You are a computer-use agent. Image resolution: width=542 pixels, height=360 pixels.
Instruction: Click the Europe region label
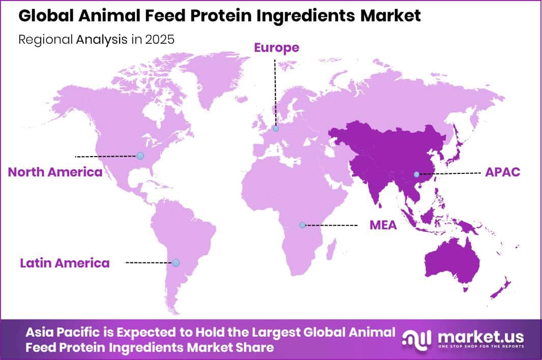(x=276, y=48)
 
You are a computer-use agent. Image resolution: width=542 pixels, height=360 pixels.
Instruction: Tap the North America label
(x=55, y=172)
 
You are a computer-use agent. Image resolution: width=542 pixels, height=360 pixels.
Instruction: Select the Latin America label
(x=65, y=263)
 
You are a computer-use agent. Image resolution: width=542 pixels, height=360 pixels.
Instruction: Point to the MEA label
(x=383, y=225)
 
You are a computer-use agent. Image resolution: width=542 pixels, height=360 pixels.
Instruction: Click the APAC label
(x=502, y=172)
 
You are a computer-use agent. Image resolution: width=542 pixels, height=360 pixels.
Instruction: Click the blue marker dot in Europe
(x=275, y=129)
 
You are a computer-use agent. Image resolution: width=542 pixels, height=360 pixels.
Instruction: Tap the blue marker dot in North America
(x=140, y=156)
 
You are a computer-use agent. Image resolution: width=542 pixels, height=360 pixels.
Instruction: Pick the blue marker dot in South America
(x=176, y=262)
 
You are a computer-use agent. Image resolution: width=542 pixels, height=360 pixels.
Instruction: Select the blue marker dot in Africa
(x=302, y=225)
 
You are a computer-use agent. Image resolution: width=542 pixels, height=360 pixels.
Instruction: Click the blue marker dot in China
(x=416, y=174)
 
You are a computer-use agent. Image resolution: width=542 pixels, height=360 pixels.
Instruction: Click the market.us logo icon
(x=416, y=338)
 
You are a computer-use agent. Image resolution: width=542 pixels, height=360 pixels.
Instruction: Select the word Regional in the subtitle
(x=46, y=40)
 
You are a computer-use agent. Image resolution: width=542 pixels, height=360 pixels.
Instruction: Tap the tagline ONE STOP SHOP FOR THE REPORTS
(x=480, y=346)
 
